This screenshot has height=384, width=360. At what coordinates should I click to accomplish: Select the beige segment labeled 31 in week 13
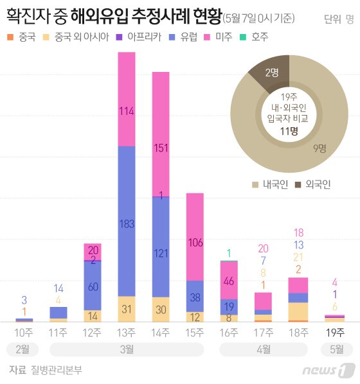(x=127, y=309)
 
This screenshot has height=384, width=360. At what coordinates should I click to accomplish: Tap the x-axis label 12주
(x=93, y=332)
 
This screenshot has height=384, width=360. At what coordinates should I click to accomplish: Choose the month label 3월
(x=127, y=350)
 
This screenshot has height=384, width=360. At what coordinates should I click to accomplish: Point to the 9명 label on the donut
(x=319, y=149)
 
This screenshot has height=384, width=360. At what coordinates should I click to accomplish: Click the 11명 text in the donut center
(x=289, y=131)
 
